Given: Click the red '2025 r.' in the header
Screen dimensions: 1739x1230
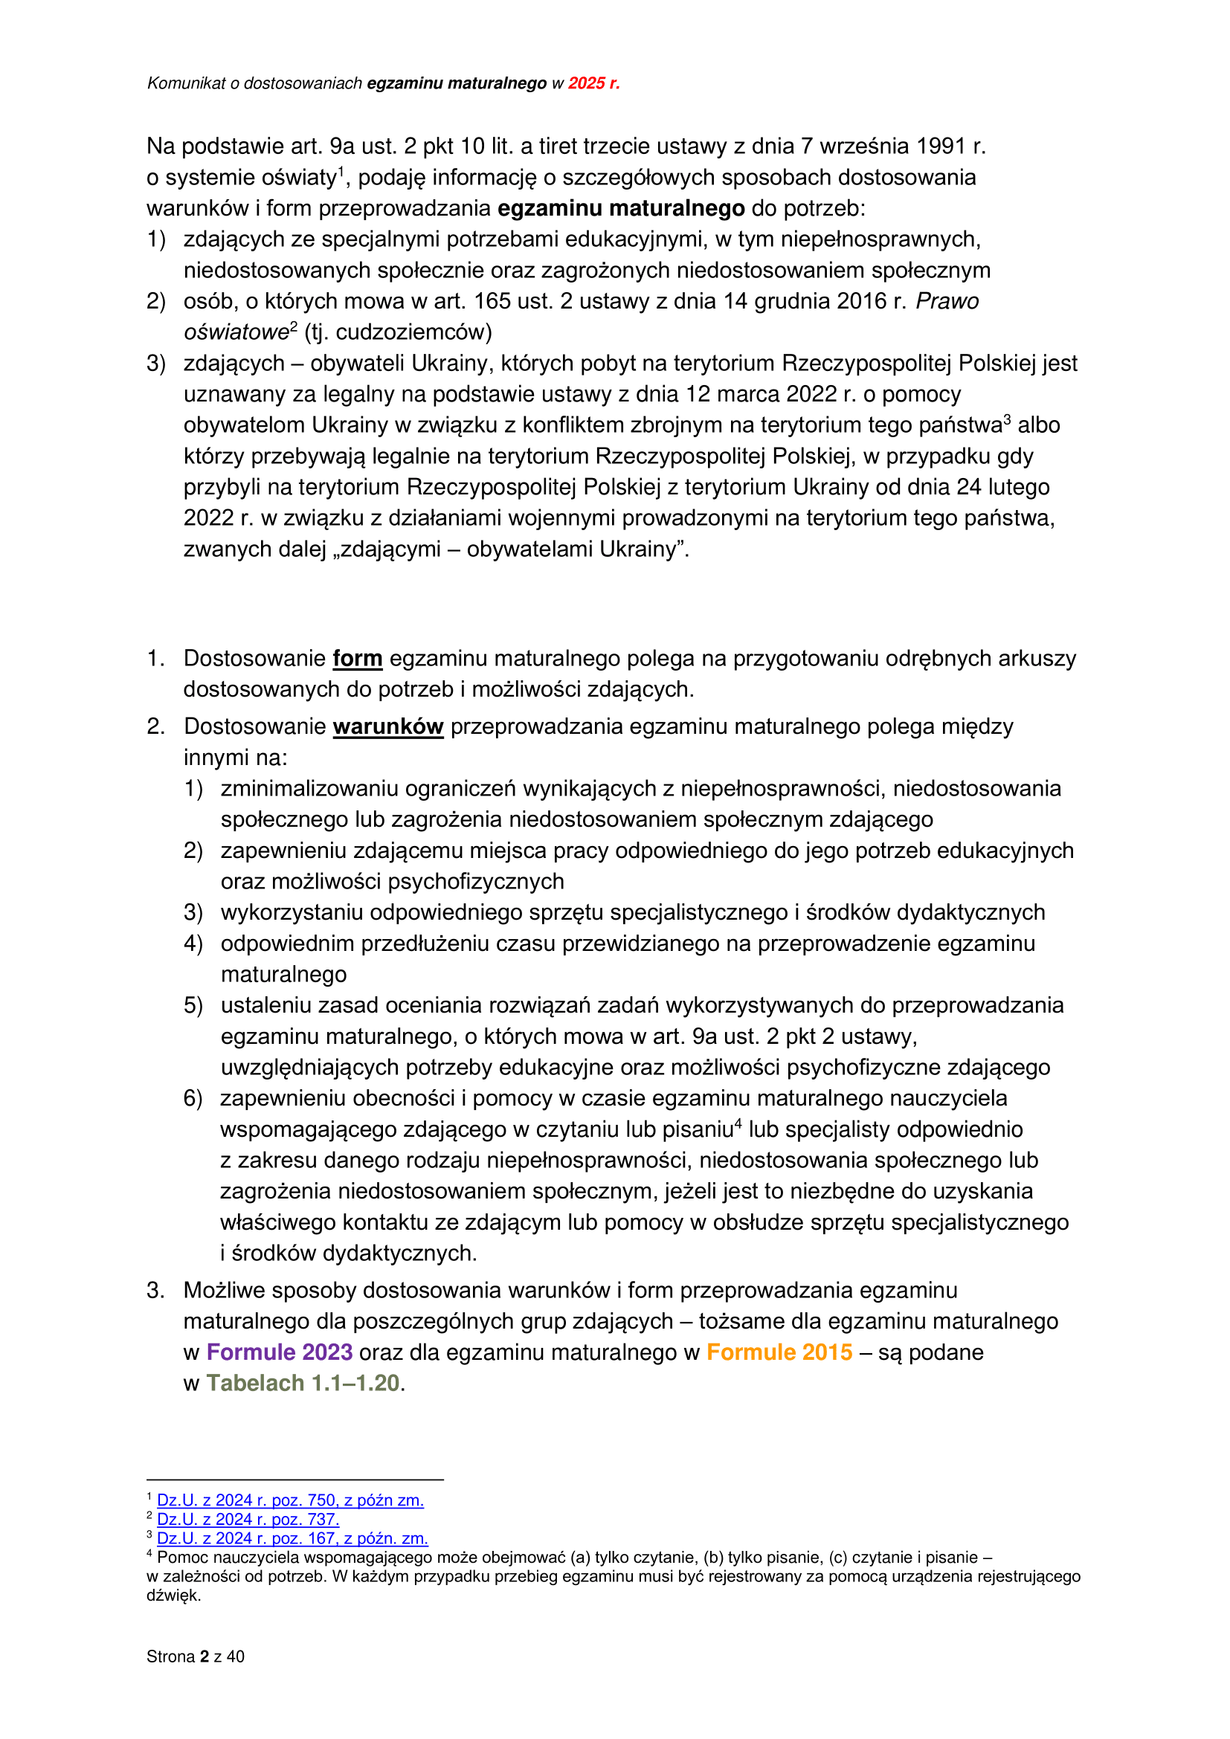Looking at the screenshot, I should point(593,83).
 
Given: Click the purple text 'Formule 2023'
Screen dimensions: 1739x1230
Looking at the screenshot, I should point(280,1352).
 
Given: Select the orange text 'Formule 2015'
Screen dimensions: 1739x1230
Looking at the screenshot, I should point(779,1352).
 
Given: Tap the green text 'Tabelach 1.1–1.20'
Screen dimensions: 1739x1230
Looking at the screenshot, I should point(303,1383).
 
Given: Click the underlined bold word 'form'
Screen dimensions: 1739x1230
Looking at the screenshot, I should point(358,658).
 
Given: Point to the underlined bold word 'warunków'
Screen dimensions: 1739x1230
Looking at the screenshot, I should point(387,726).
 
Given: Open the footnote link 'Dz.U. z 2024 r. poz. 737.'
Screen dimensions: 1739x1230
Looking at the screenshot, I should point(248,1520).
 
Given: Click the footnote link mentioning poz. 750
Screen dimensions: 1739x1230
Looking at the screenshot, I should point(290,1500).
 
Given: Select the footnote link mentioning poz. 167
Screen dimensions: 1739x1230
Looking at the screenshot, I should point(292,1538).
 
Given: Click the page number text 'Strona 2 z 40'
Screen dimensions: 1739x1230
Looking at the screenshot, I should point(196,1656).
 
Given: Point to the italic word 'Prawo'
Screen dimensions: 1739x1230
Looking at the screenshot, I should point(947,301).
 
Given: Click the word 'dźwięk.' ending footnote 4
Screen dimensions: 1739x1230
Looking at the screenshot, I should point(173,1595).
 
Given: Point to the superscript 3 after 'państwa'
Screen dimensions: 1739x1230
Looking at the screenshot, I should point(1008,419).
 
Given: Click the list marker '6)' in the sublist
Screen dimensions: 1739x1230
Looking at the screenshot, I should point(193,1098).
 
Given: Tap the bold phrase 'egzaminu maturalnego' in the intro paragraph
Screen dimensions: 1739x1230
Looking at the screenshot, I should point(621,208).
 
